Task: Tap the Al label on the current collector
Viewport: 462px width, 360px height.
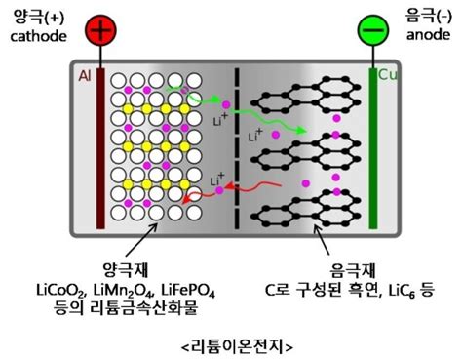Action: click(x=84, y=75)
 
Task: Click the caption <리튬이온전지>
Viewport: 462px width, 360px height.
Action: click(x=230, y=344)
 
